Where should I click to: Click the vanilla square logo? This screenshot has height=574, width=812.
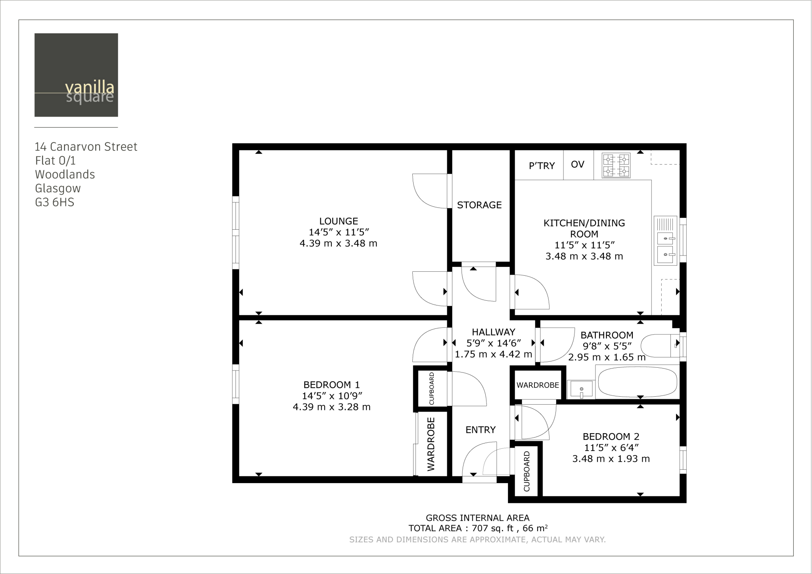(76, 75)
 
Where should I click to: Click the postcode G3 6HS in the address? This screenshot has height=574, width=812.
(54, 202)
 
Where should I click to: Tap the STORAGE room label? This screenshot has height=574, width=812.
(479, 205)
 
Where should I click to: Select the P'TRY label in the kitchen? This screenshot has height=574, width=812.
(542, 166)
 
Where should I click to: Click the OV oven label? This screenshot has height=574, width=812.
(577, 164)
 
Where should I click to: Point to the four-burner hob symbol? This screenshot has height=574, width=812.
(616, 165)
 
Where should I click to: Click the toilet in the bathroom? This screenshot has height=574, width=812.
(658, 346)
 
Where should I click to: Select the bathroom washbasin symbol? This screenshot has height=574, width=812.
(581, 389)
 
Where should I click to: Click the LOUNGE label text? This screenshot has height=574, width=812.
(338, 221)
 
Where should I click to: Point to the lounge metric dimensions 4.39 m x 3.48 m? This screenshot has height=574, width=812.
(338, 243)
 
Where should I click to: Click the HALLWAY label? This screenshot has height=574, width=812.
(493, 332)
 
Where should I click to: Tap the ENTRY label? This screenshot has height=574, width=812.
(480, 430)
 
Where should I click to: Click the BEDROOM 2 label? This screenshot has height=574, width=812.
(611, 436)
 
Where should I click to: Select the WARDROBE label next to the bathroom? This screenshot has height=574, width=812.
(537, 385)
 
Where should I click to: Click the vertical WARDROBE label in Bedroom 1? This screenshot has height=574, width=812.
(431, 444)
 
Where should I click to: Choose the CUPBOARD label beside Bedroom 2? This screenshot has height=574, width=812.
(527, 471)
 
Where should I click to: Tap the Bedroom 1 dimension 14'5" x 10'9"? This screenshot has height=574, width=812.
(332, 395)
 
